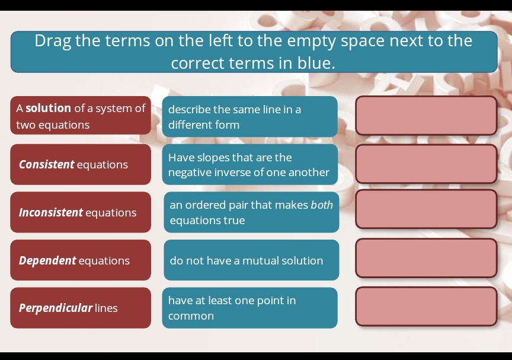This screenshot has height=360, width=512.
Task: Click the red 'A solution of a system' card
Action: (x=81, y=116)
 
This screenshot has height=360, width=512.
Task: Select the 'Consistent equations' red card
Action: (x=81, y=164)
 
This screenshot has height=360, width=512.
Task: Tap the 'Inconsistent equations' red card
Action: (x=81, y=212)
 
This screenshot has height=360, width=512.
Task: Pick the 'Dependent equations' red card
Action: (x=81, y=260)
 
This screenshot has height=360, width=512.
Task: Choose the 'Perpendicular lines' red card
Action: (x=81, y=308)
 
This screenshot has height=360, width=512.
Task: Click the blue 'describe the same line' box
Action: (x=249, y=117)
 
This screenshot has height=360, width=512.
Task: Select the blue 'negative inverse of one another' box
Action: (x=249, y=165)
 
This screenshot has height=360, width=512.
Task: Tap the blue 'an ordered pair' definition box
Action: (x=251, y=212)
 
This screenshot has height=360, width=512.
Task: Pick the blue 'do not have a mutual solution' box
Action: (x=251, y=260)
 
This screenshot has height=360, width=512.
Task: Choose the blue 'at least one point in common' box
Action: (x=249, y=308)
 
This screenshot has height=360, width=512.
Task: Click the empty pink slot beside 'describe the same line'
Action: (x=425, y=116)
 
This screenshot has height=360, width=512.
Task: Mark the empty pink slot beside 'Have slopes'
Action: (x=425, y=164)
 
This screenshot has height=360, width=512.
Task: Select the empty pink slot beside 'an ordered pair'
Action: (x=425, y=209)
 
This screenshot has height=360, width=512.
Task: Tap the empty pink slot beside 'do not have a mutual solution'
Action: (x=425, y=258)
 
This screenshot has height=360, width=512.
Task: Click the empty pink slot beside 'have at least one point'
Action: (x=425, y=307)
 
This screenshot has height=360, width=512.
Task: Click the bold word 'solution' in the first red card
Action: (x=49, y=109)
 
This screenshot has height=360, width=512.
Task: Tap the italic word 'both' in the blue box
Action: (x=322, y=205)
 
